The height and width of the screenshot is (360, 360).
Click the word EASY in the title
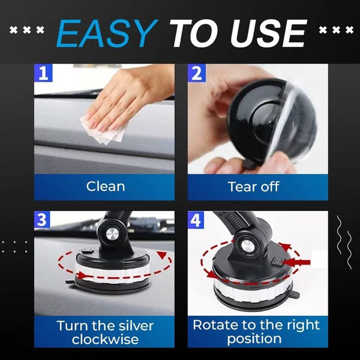pyautogui.click(x=108, y=34)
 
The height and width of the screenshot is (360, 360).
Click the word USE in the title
pyautogui.click(x=272, y=34)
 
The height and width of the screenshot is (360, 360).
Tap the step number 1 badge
pyautogui.click(x=43, y=73)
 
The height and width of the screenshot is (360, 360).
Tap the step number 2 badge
pyautogui.click(x=197, y=73)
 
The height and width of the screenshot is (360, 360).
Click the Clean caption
pyautogui.click(x=105, y=186)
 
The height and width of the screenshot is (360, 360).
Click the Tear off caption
pyautogui.click(x=253, y=186)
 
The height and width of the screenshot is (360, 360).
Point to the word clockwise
pyautogui.click(x=105, y=339)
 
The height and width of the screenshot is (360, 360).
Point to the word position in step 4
pyautogui.click(x=254, y=338)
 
